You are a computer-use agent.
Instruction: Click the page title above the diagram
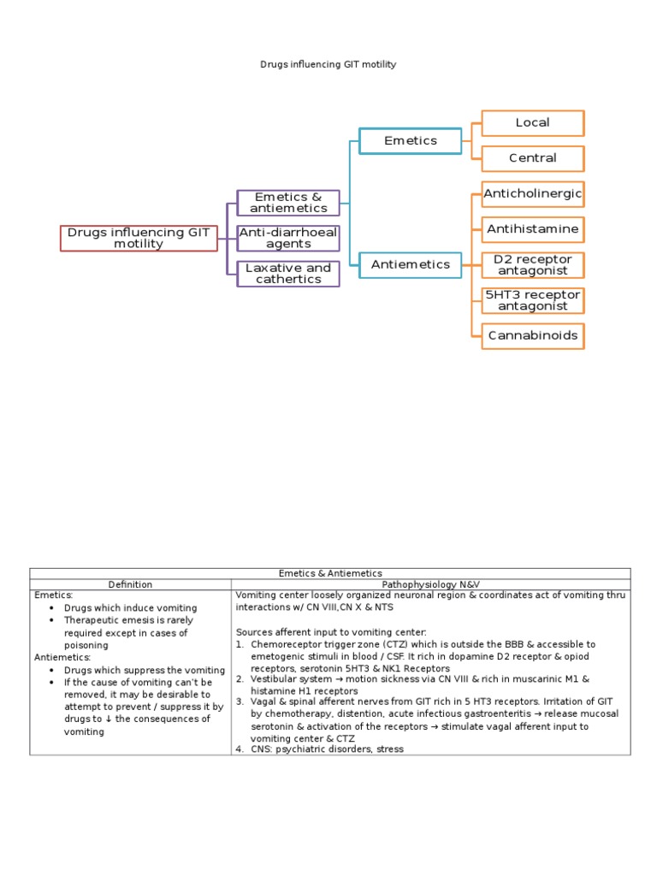(x=328, y=64)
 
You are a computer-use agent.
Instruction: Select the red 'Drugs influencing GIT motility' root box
(x=139, y=238)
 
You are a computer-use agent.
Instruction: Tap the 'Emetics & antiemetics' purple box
(x=288, y=203)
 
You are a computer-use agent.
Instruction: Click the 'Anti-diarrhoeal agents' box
(x=288, y=238)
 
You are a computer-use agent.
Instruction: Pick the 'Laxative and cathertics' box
(x=288, y=274)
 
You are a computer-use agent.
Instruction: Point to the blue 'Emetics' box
(x=411, y=140)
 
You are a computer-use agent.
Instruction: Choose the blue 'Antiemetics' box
(x=411, y=264)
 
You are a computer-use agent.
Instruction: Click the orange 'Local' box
(x=532, y=122)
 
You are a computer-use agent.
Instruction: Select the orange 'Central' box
(x=532, y=158)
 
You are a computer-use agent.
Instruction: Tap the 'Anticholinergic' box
(x=532, y=194)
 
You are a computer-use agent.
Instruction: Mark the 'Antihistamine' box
(x=532, y=229)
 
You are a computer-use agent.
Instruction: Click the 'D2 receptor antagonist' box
(x=532, y=265)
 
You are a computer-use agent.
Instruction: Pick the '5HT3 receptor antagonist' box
(x=532, y=300)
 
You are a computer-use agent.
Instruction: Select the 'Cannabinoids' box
(x=532, y=335)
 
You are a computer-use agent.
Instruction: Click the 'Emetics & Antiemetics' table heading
(x=330, y=573)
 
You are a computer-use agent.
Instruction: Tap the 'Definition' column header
(x=130, y=585)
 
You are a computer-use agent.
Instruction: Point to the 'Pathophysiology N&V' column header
(x=431, y=585)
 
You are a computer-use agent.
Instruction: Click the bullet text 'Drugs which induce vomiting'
(x=130, y=608)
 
